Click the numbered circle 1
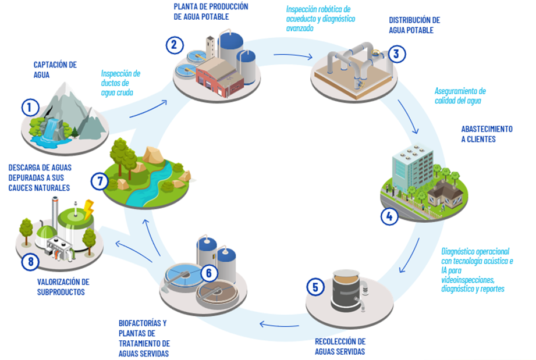click(x=30, y=108)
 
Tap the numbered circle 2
click(x=175, y=45)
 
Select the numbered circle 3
click(x=396, y=55)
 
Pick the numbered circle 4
click(x=389, y=216)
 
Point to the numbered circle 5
click(x=315, y=287)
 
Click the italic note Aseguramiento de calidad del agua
click(x=460, y=96)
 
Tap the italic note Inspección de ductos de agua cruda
click(x=120, y=82)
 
